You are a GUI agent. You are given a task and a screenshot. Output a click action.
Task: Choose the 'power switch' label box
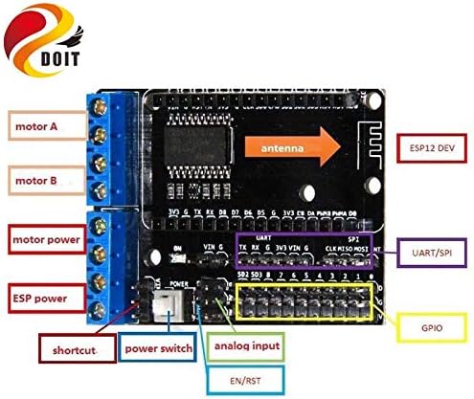pos(156,348)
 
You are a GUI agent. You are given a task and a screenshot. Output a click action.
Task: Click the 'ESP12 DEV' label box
pos(431,149)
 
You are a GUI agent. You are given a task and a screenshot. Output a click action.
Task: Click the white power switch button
pos(167,304)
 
